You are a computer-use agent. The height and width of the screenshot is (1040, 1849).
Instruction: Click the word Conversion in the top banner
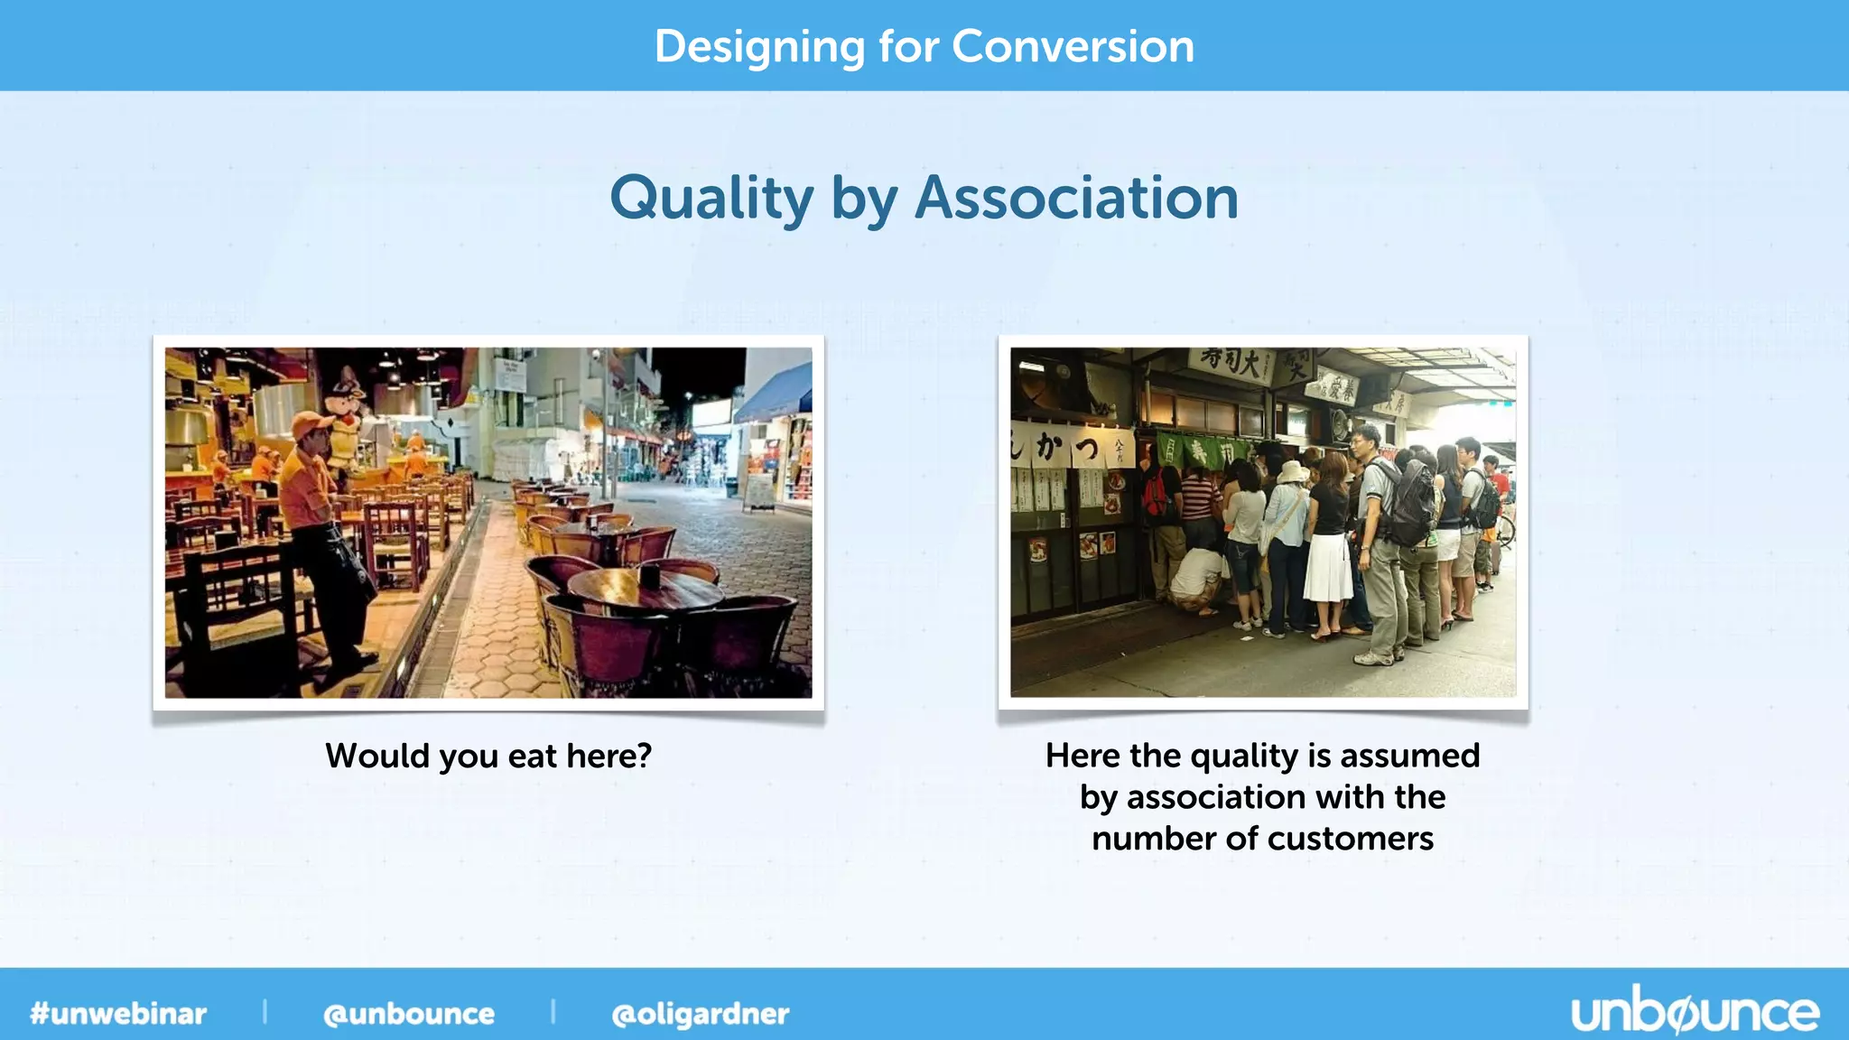(1073, 46)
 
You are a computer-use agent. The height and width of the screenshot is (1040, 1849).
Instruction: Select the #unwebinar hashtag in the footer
(118, 1013)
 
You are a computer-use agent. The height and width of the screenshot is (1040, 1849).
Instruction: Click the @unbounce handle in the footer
(409, 1014)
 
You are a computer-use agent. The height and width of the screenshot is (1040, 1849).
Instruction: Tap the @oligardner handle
(700, 1014)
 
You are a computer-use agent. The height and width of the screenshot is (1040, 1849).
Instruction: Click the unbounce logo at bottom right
(1695, 1012)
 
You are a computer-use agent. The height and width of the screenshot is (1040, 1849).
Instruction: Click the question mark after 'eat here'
(643, 756)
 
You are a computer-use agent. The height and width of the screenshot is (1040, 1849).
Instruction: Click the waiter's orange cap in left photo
(311, 422)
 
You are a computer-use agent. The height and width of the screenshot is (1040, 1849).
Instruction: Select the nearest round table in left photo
(646, 589)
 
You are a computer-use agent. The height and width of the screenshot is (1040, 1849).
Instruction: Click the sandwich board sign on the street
(759, 491)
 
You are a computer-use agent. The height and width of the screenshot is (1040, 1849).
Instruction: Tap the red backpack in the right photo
(1156, 497)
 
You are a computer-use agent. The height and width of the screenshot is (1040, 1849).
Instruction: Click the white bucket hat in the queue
(1293, 472)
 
